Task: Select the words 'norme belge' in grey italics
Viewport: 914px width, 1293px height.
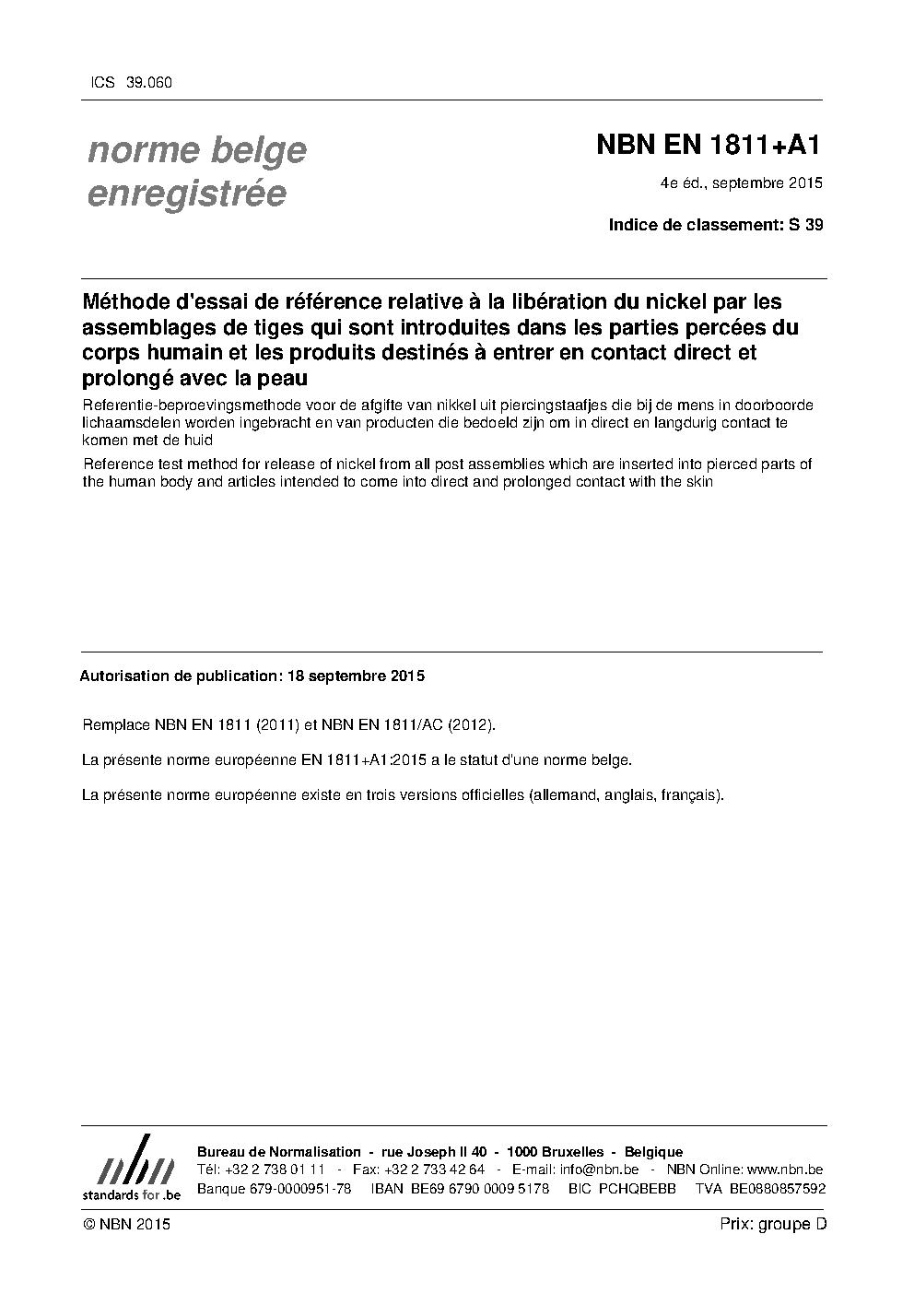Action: pos(196,150)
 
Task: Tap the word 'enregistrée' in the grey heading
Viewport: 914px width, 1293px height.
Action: pos(186,194)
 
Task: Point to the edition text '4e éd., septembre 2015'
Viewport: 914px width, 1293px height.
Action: pos(741,182)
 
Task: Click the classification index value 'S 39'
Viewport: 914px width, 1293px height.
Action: pos(806,224)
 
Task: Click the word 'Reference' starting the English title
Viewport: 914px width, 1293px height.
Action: pos(115,464)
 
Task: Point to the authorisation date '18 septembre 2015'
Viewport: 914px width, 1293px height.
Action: pos(356,676)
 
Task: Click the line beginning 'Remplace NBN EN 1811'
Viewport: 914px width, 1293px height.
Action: pos(288,725)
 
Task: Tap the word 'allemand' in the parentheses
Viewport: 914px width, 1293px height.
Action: pos(562,794)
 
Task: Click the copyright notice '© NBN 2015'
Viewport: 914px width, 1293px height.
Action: pos(126,1224)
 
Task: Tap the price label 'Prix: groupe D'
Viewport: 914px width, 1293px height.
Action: pos(773,1224)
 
